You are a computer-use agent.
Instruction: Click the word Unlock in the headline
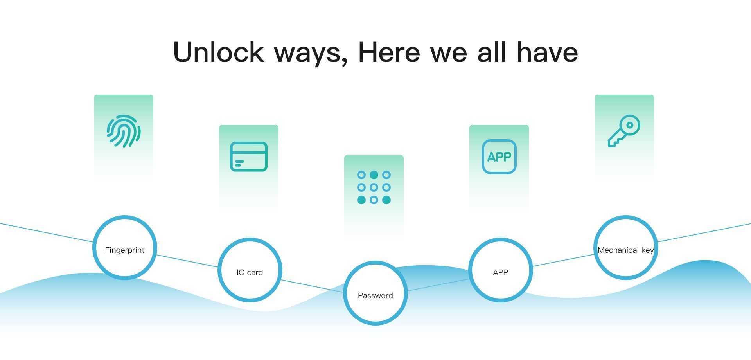(218, 52)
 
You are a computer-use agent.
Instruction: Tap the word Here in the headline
(389, 52)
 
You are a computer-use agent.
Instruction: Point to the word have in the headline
(547, 52)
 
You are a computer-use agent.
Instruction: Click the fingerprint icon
(124, 131)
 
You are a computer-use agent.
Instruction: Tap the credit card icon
(249, 157)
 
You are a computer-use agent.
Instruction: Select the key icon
(624, 131)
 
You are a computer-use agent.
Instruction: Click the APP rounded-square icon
(499, 157)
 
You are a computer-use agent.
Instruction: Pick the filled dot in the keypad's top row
(374, 175)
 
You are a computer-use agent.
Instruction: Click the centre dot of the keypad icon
(374, 187)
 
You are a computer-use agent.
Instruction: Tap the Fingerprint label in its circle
(125, 250)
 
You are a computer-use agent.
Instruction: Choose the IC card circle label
(250, 272)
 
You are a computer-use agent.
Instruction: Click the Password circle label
(375, 295)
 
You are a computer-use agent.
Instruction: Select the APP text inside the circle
(501, 272)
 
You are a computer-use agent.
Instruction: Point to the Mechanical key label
(626, 250)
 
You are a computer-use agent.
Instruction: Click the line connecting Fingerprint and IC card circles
(187, 261)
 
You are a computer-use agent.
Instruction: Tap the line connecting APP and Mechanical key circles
(563, 261)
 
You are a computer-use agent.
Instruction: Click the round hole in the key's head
(630, 125)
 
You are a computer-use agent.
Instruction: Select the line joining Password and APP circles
(438, 285)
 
